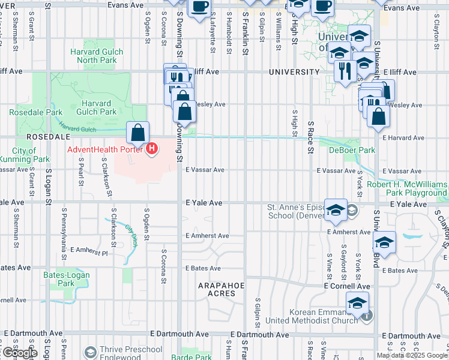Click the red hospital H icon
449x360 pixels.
click(x=152, y=148)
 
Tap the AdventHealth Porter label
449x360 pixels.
click(x=105, y=149)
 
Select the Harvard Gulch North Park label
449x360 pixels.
click(x=100, y=56)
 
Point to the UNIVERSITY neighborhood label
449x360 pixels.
click(x=294, y=72)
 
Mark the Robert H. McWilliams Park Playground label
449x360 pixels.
click(x=407, y=189)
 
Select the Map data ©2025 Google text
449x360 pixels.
click(x=412, y=355)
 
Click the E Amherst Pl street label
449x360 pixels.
click(x=88, y=249)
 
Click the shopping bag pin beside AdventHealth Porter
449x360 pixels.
click(x=138, y=133)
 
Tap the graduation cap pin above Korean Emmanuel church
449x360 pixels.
click(x=357, y=303)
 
